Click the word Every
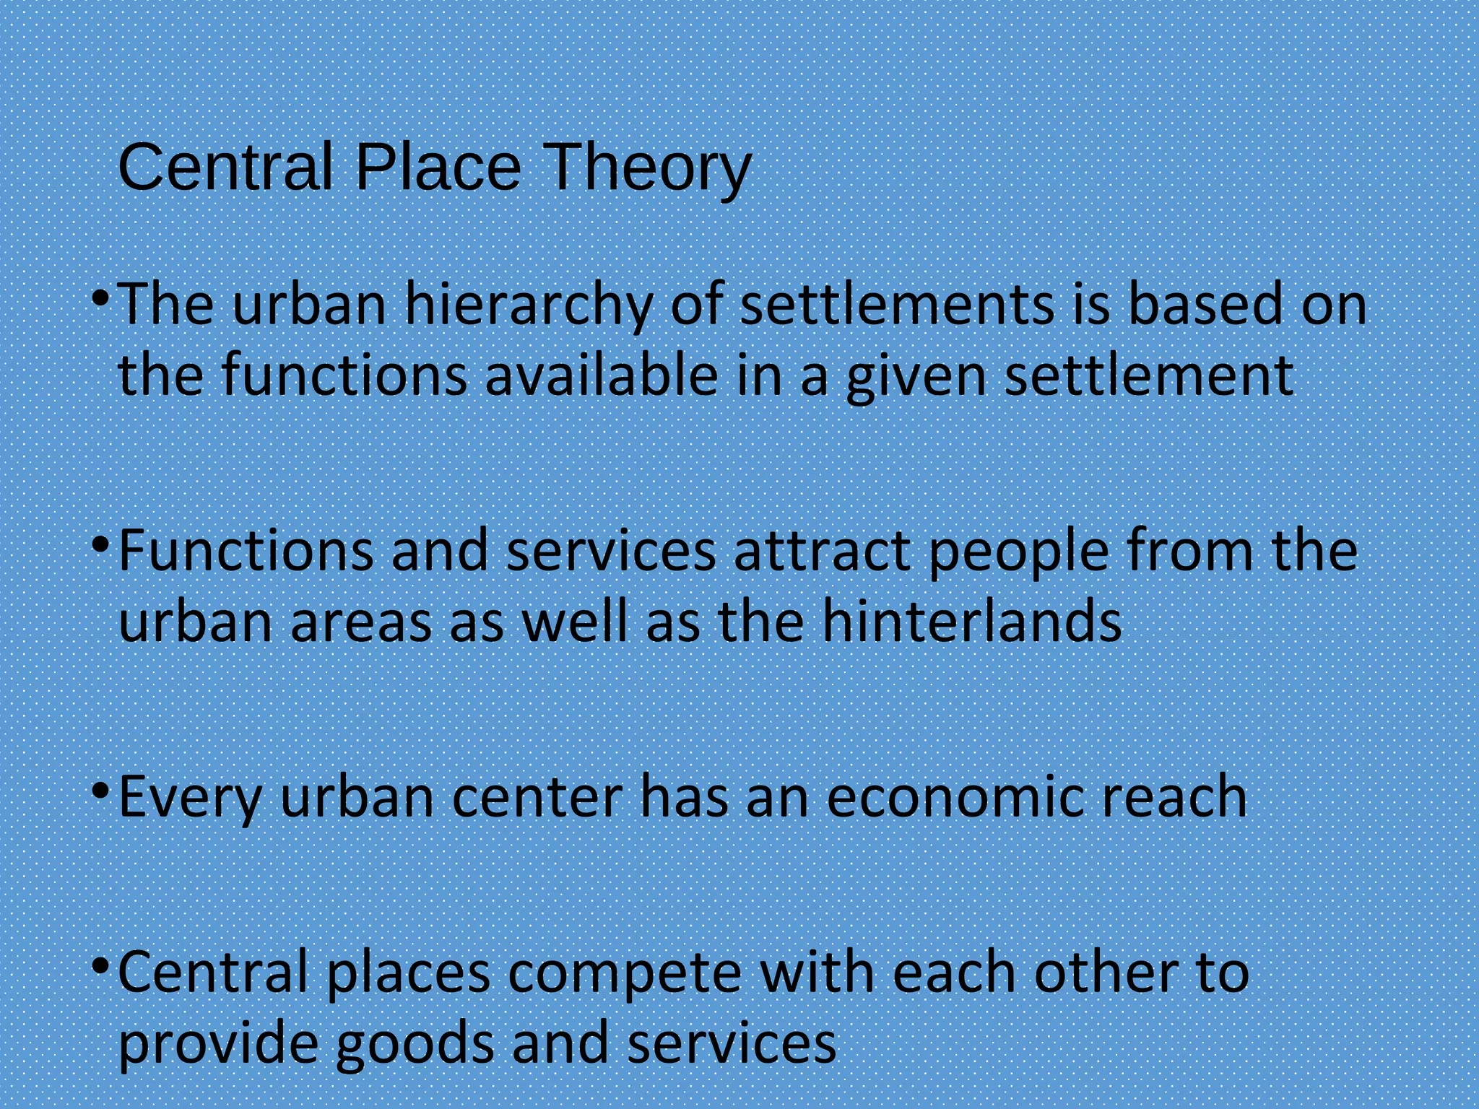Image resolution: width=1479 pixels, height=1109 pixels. tap(189, 798)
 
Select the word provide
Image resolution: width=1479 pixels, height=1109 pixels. tap(217, 1045)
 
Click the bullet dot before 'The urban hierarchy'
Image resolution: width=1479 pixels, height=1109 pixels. tap(102, 298)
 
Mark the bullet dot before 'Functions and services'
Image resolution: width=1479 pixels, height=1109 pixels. tap(102, 544)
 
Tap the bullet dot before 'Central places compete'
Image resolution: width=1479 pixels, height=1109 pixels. tap(102, 965)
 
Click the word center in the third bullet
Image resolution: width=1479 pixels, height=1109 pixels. tap(537, 797)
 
